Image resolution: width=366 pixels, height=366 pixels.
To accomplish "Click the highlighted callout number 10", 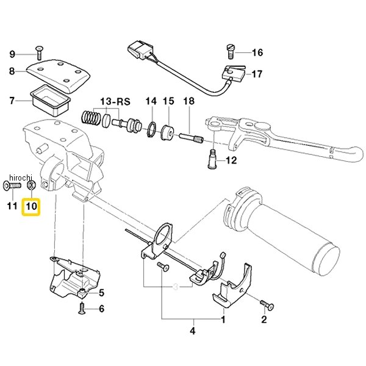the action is pyautogui.click(x=32, y=206).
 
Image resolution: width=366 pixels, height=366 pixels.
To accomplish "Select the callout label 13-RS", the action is pyautogui.click(x=115, y=102).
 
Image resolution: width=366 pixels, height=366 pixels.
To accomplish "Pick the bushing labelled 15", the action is pyautogui.click(x=167, y=133).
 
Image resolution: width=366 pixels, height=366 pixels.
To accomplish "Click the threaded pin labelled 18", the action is pyautogui.click(x=191, y=138).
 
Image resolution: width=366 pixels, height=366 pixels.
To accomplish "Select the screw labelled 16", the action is pyautogui.click(x=231, y=52).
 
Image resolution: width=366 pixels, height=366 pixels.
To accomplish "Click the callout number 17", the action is pyautogui.click(x=257, y=74).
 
